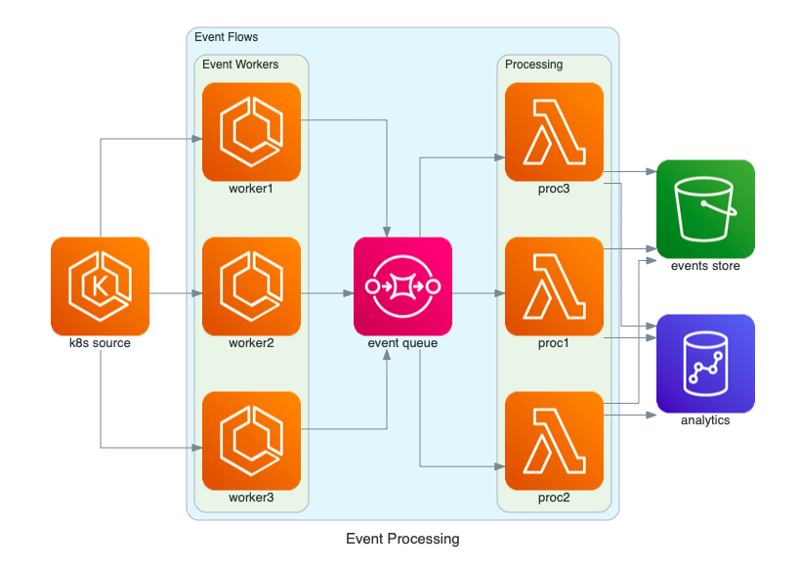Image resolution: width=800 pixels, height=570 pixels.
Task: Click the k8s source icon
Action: point(100,285)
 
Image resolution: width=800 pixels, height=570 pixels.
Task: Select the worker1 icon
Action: point(251,131)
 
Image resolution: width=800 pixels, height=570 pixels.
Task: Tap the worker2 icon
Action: point(251,285)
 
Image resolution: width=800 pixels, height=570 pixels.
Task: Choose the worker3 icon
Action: point(251,440)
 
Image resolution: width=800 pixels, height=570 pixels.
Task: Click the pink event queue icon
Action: point(402,285)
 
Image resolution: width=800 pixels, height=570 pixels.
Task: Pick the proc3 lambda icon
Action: point(554,131)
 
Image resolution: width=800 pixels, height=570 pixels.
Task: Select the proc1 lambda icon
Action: point(554,285)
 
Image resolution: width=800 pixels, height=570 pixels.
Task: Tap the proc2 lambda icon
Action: point(554,440)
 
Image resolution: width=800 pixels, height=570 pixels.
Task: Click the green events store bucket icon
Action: point(705,208)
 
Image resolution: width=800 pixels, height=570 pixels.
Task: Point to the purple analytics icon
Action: point(705,363)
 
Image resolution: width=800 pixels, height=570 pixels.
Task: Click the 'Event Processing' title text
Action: point(402,539)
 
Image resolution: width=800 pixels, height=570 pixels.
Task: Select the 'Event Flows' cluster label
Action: point(227,37)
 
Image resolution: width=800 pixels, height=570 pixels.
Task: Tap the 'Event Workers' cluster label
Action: point(240,65)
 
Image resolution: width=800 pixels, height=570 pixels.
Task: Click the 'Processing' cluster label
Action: point(533,65)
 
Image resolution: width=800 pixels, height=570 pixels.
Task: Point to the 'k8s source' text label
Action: point(100,343)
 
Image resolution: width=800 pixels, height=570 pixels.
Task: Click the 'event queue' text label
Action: point(402,343)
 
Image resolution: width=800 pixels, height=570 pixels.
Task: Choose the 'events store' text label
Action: point(705,266)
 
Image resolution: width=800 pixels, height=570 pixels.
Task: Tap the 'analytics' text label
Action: point(705,420)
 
